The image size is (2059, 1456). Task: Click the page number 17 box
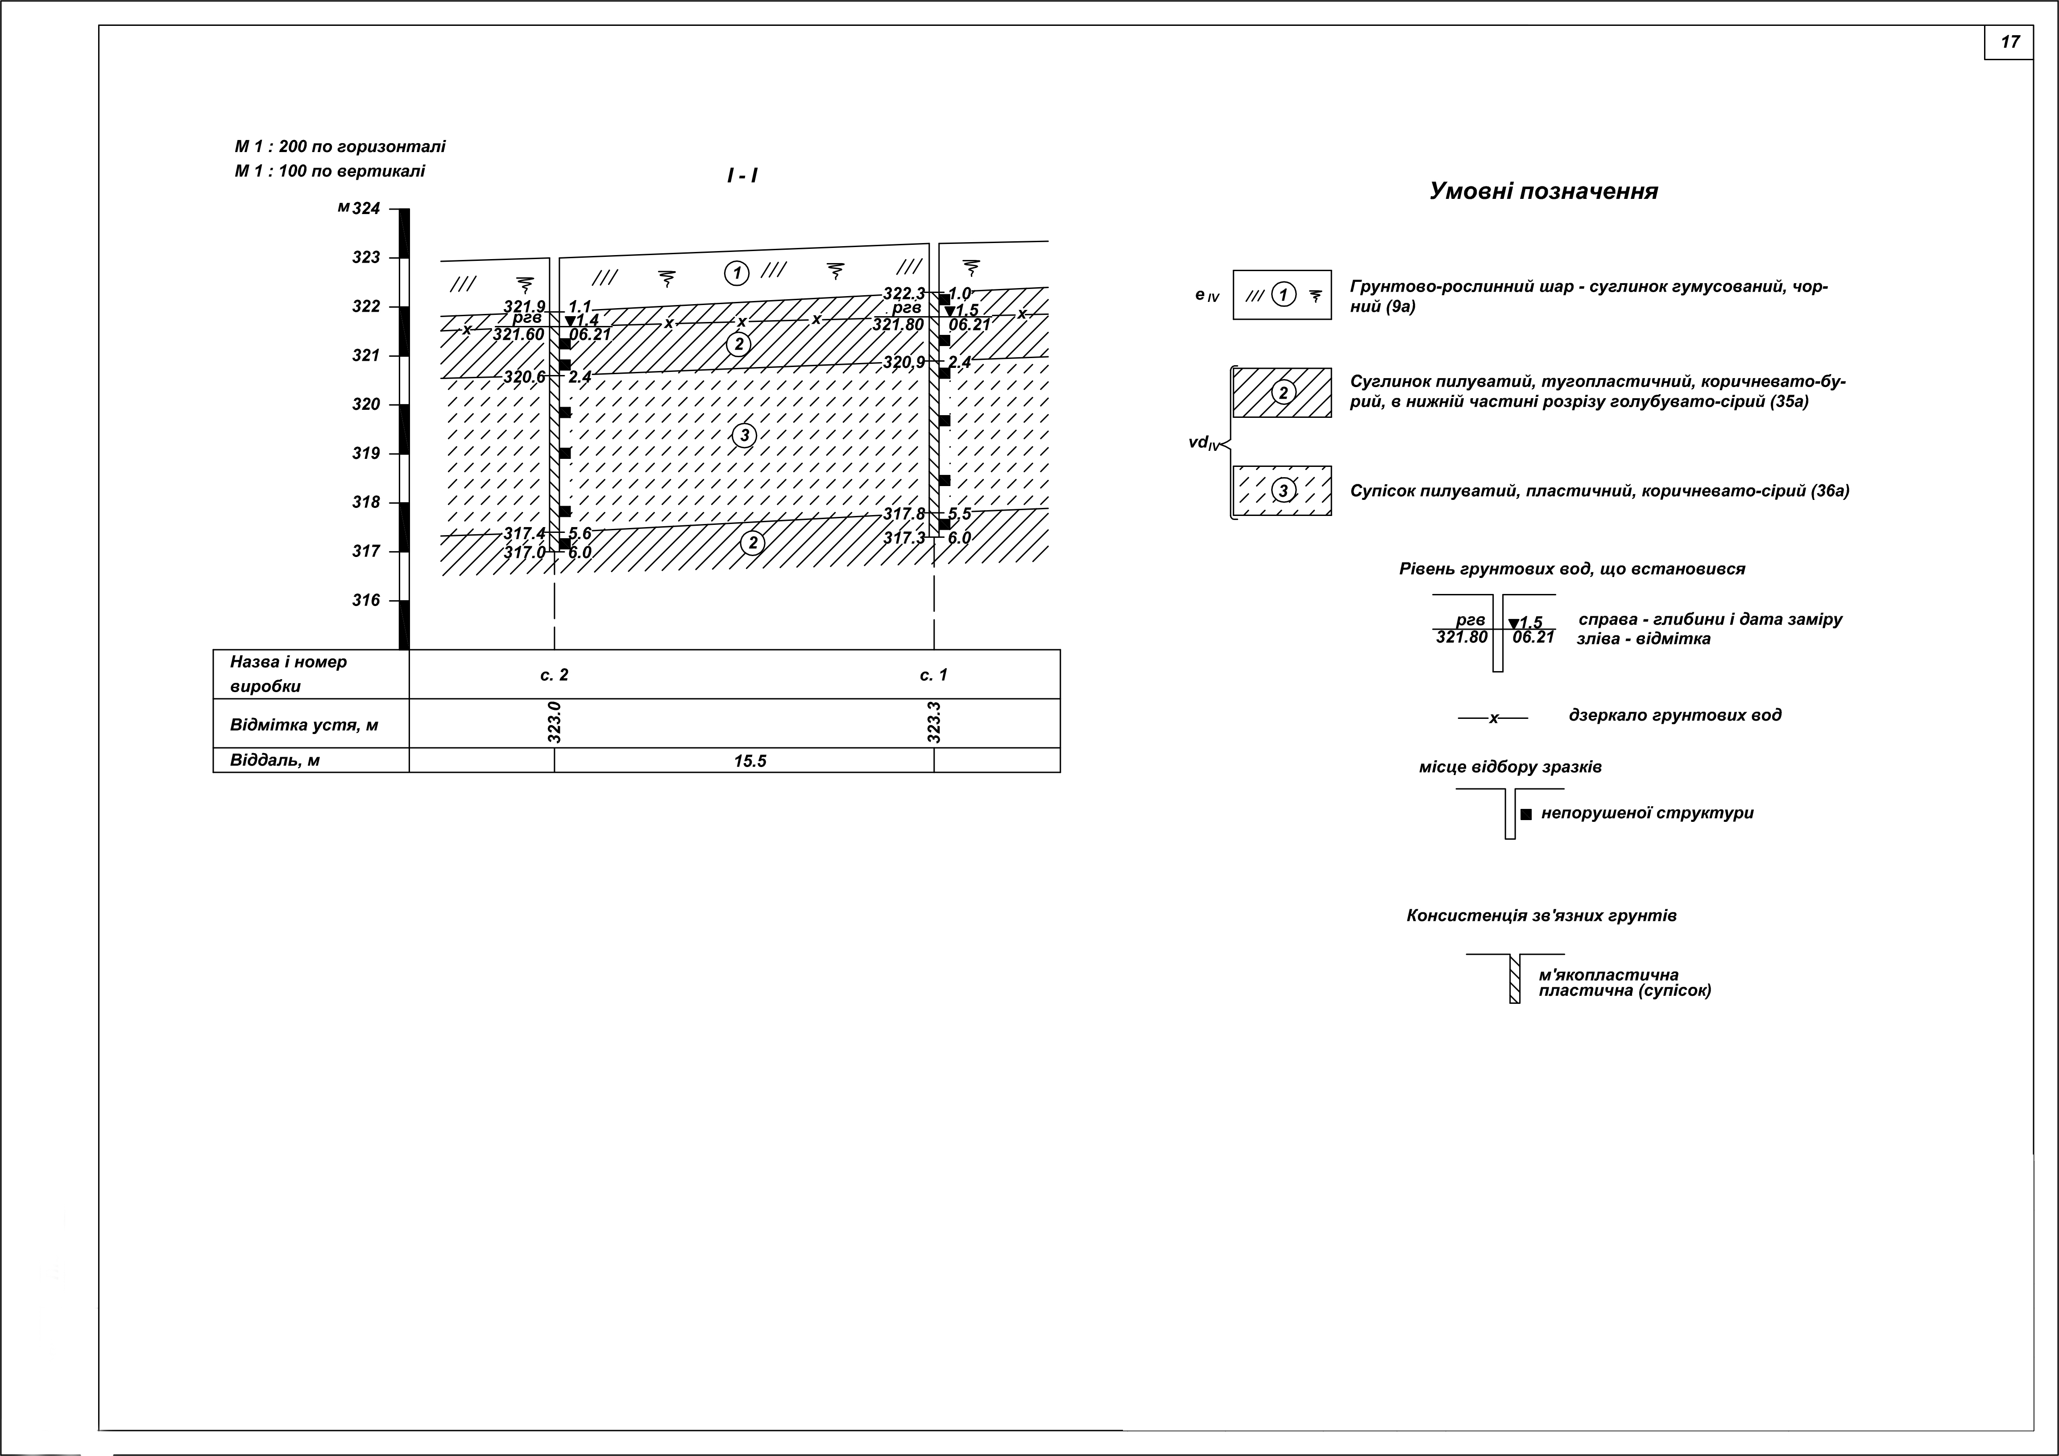2009,42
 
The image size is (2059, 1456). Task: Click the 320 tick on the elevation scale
366,404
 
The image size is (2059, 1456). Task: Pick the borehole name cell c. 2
554,675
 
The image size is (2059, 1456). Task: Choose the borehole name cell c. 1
933,675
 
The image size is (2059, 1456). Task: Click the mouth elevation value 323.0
554,722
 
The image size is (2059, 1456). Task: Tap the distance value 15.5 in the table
750,761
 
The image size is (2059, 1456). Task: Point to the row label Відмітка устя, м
304,724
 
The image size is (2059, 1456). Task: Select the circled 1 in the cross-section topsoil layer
736,272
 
